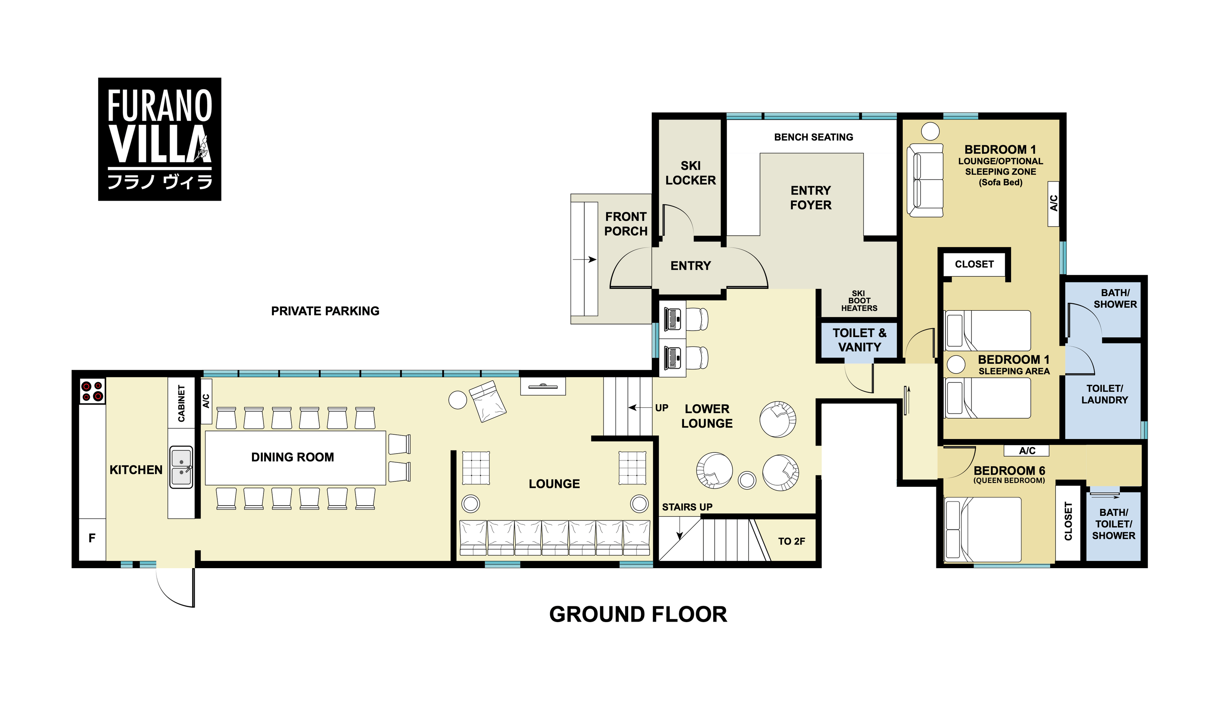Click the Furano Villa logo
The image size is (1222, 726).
pos(159,139)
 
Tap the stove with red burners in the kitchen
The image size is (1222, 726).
pos(92,391)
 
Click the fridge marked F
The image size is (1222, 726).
pos(92,539)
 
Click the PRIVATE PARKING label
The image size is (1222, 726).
pos(325,311)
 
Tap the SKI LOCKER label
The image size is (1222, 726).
pos(690,173)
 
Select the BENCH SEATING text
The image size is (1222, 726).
pos(813,137)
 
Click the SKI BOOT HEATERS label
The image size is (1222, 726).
pos(859,301)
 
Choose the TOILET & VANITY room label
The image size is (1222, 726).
pos(859,340)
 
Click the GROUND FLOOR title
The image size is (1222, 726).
pos(638,614)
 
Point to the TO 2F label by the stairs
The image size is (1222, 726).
pos(791,541)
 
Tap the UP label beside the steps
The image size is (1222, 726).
pos(661,408)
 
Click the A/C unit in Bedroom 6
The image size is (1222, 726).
pos(1026,450)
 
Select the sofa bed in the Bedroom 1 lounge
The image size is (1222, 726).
pos(925,180)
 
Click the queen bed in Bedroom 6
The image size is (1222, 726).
pos(983,529)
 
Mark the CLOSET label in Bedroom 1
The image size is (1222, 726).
pos(974,264)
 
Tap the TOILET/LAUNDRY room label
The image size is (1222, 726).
pos(1104,394)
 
